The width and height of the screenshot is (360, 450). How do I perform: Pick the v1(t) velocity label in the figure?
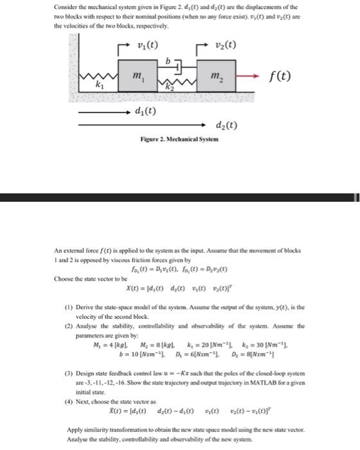[148, 45]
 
